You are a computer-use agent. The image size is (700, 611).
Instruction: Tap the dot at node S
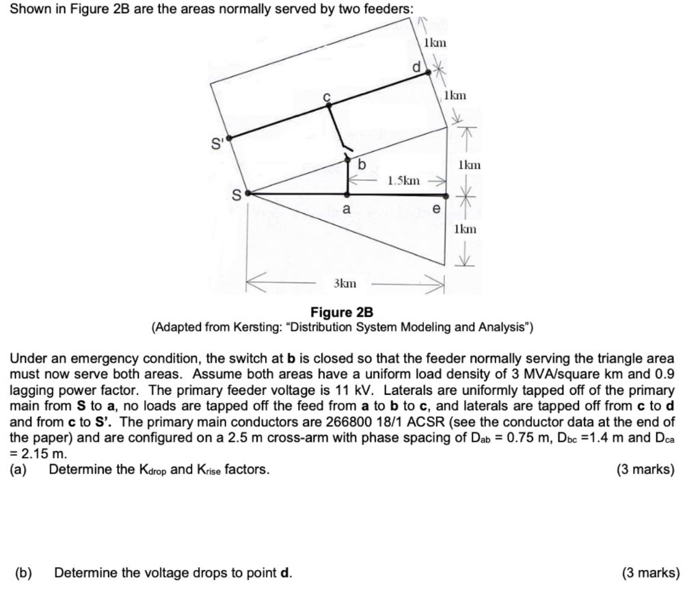[247, 194]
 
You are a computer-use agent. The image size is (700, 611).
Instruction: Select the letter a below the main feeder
[347, 209]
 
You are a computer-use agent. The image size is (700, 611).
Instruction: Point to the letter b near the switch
[362, 164]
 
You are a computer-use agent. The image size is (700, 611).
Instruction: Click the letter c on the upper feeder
[327, 97]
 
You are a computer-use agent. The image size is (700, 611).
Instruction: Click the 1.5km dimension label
[403, 181]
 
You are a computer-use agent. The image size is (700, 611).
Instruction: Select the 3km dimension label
[344, 283]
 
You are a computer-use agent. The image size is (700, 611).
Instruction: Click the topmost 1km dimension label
[435, 42]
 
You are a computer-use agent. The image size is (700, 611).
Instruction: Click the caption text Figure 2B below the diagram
[342, 313]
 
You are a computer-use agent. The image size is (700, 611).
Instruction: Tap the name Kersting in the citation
[251, 327]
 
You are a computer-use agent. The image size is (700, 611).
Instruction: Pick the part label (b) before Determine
[24, 572]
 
